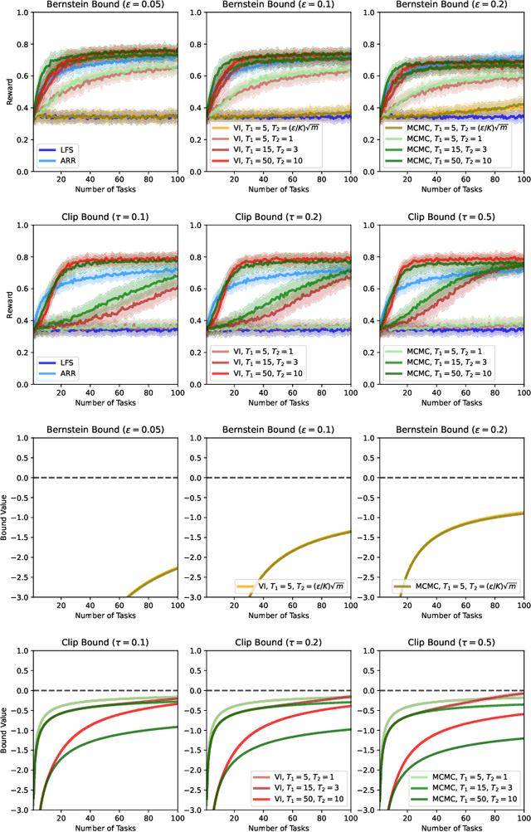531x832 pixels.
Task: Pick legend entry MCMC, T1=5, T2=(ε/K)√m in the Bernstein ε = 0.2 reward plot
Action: (456, 129)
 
